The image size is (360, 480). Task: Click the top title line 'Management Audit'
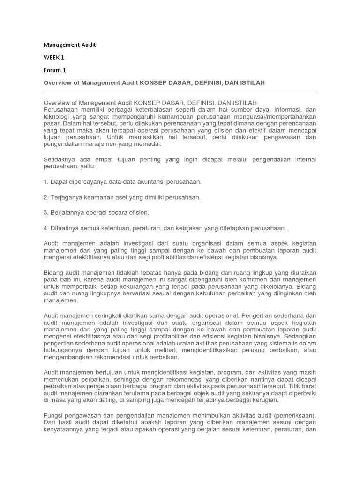tap(69, 45)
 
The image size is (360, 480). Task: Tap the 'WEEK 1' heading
tap(54, 57)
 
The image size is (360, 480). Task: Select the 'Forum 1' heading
tap(55, 70)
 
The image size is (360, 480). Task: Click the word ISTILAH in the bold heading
tap(253, 82)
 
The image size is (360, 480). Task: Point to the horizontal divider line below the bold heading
tap(180, 93)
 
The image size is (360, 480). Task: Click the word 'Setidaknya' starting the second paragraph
tap(59, 160)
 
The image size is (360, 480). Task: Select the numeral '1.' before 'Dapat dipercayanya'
tap(46, 181)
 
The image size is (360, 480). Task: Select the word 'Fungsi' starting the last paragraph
tap(53, 415)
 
